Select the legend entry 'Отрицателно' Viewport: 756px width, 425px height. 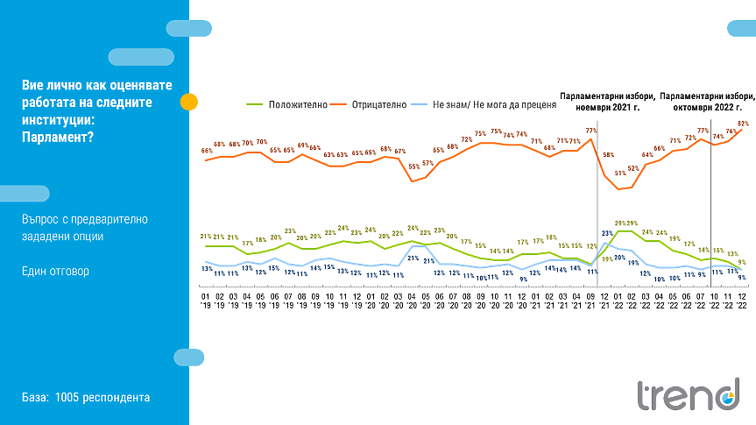(378, 104)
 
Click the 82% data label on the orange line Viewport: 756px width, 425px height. (743, 124)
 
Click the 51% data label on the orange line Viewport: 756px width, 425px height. (620, 174)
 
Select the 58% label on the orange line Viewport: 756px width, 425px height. (607, 156)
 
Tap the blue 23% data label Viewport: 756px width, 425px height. (606, 232)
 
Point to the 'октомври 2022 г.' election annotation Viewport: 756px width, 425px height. (706, 108)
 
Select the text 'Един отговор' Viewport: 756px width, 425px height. (55, 271)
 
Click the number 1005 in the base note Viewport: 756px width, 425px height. (67, 398)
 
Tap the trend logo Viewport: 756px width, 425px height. (689, 396)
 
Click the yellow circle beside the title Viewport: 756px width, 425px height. (188, 102)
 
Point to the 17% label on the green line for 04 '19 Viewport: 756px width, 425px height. (248, 243)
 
